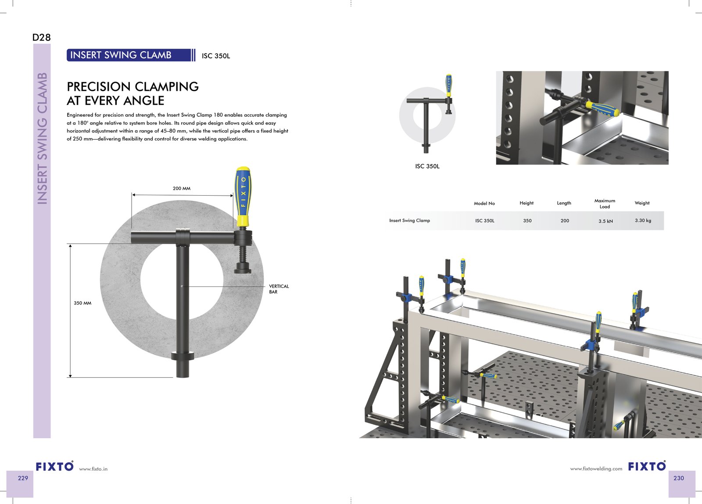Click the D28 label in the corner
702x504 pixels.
(x=41, y=37)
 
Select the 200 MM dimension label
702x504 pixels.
(x=182, y=188)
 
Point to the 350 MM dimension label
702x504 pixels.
(x=82, y=303)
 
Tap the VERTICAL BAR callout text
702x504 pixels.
(x=279, y=289)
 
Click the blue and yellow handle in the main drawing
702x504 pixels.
(x=243, y=197)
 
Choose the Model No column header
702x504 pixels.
(x=484, y=203)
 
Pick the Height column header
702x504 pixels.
(x=526, y=203)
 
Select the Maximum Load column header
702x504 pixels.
(x=605, y=204)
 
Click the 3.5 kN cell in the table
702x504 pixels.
(x=605, y=221)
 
